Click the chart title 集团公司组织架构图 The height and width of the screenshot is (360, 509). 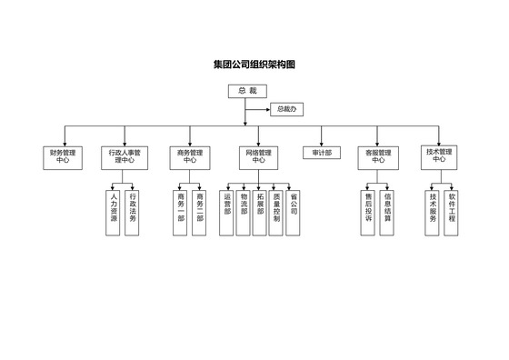(254, 65)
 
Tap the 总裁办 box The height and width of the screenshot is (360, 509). (286, 109)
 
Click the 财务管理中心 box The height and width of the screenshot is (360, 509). (62, 156)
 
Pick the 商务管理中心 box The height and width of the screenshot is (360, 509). (190, 156)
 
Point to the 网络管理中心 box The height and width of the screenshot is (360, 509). (258, 156)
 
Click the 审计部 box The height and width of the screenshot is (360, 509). (322, 153)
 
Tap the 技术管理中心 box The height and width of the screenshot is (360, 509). (438, 155)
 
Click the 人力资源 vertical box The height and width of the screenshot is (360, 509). (114, 212)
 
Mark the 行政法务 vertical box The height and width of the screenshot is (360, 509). (133, 212)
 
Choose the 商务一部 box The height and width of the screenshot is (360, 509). (181, 212)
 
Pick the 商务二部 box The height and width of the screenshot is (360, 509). (200, 212)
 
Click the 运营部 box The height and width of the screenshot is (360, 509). (227, 212)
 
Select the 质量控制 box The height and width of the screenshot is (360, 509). (276, 212)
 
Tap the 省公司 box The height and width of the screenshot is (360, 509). (293, 212)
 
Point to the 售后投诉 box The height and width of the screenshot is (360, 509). (368, 212)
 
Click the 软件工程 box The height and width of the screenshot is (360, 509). (452, 212)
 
